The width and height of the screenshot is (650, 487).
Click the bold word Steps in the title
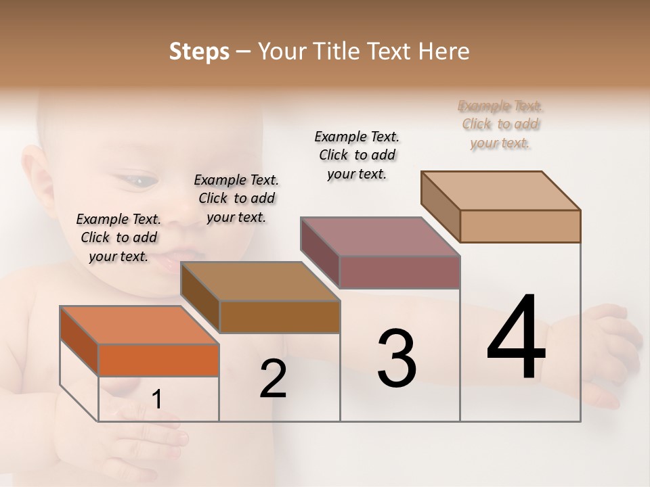pyautogui.click(x=199, y=51)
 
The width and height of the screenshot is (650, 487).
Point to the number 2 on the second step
pyautogui.click(x=273, y=379)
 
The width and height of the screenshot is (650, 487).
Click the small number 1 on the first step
pyautogui.click(x=156, y=400)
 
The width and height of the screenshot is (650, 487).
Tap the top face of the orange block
pyautogui.click(x=139, y=325)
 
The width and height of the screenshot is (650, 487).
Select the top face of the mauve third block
pyautogui.click(x=381, y=237)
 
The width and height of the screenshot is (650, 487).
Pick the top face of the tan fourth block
pyautogui.click(x=501, y=191)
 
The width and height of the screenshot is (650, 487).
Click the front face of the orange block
pyautogui.click(x=158, y=360)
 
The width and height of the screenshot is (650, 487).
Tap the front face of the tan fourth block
pyautogui.click(x=520, y=226)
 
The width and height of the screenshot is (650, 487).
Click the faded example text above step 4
pyautogui.click(x=500, y=124)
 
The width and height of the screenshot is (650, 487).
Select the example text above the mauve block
pyautogui.click(x=357, y=155)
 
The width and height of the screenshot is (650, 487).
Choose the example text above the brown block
pyautogui.click(x=236, y=198)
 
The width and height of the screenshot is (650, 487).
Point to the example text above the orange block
pyautogui.click(x=118, y=237)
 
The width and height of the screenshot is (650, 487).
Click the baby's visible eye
pyautogui.click(x=140, y=181)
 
